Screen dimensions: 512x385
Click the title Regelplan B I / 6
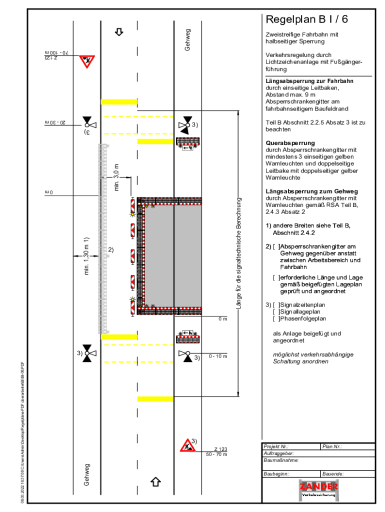[306, 20]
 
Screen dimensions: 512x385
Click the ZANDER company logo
[318, 489]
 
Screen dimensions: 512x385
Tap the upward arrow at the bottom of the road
[155, 481]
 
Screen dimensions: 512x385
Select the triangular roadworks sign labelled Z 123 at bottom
[188, 445]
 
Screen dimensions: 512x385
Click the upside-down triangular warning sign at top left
[87, 61]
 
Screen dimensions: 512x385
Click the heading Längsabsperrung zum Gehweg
[311, 191]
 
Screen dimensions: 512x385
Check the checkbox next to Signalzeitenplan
[276, 305]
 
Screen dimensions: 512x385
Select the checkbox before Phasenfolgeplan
[276, 318]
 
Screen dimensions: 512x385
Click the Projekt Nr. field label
[276, 446]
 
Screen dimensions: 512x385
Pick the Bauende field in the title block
[333, 473]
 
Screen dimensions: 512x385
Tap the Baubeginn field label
[276, 473]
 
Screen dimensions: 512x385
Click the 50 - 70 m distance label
[216, 454]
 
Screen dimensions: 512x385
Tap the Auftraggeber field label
[278, 453]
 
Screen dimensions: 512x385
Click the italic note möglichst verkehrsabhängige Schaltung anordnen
[313, 358]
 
